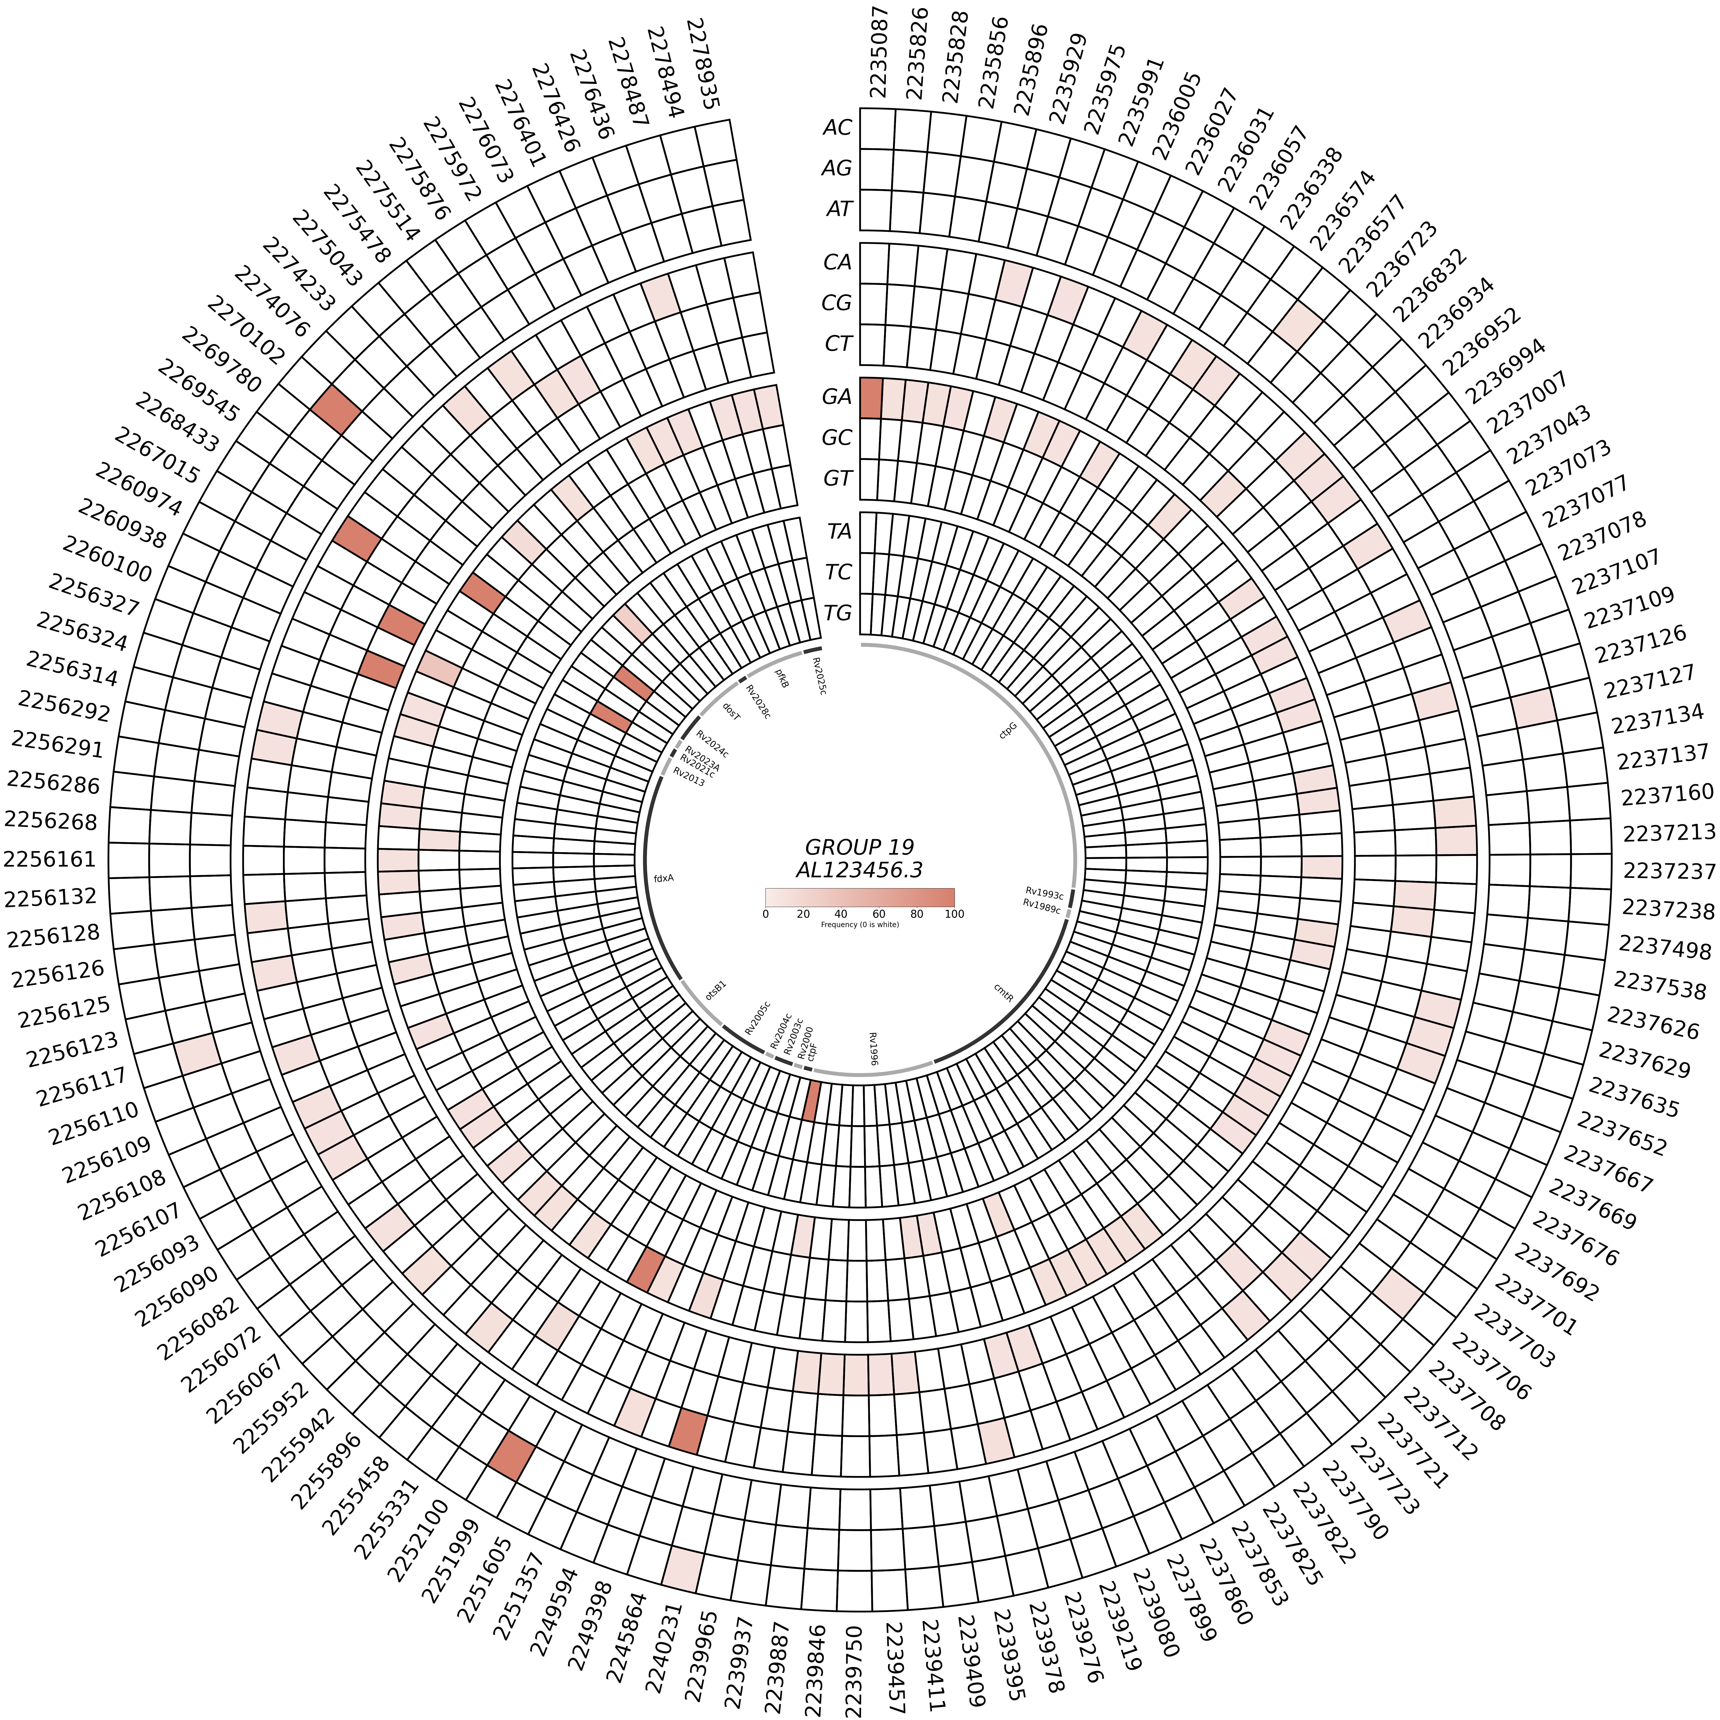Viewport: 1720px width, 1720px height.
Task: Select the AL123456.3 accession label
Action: pyautogui.click(x=859, y=870)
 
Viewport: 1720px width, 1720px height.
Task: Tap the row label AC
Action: pyautogui.click(x=837, y=127)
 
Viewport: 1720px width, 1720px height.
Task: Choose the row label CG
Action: pyautogui.click(x=837, y=303)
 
